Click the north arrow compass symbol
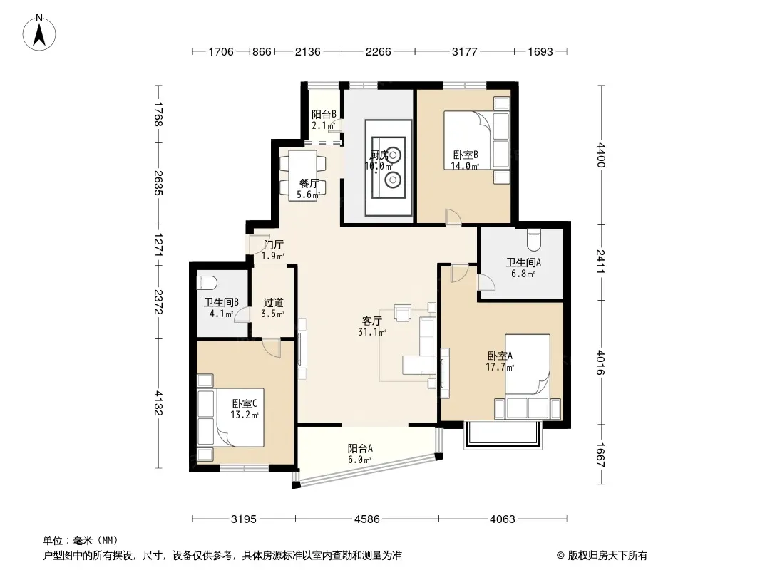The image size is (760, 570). click(39, 32)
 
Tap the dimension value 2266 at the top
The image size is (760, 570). click(378, 51)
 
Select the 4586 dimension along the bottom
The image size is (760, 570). click(367, 519)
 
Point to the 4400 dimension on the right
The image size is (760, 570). click(601, 155)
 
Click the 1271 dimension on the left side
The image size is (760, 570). click(158, 244)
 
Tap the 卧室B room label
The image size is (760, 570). click(466, 155)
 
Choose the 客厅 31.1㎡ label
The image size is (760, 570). click(372, 326)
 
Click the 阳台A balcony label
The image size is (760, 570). click(360, 448)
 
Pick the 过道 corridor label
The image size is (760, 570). click(273, 303)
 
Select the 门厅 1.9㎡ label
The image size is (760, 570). click(273, 250)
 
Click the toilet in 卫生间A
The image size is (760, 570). click(533, 239)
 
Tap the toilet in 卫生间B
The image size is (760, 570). click(207, 282)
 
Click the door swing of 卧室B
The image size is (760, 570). click(453, 217)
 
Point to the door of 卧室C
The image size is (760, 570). click(272, 348)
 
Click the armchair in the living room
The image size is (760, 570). click(402, 312)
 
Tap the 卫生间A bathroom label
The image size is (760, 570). click(523, 262)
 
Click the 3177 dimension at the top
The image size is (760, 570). click(464, 51)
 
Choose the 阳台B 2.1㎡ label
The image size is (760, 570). click(323, 120)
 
